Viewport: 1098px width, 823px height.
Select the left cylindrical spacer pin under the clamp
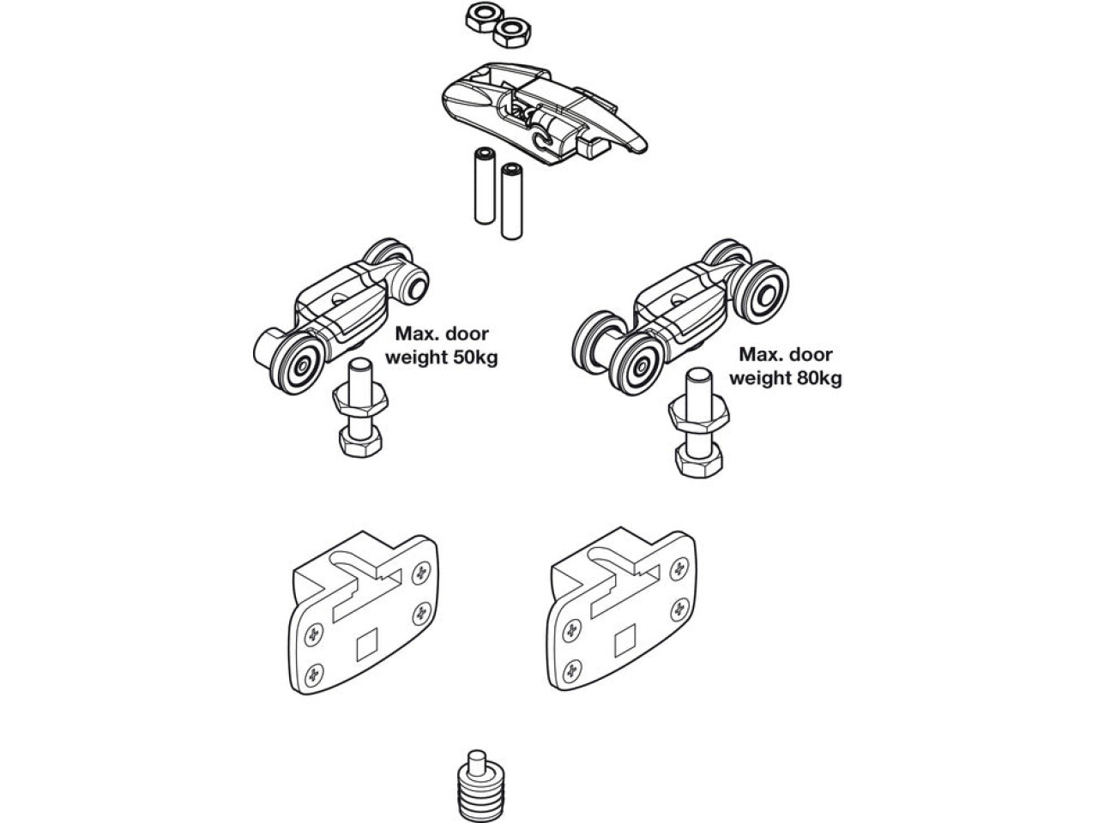tap(484, 185)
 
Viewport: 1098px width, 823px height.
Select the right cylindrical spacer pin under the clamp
tap(512, 201)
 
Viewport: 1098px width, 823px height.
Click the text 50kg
tap(474, 357)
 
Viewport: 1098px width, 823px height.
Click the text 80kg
tap(817, 377)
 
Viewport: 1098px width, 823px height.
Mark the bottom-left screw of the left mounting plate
tap(313, 672)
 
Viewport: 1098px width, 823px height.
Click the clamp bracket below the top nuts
tap(540, 111)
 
